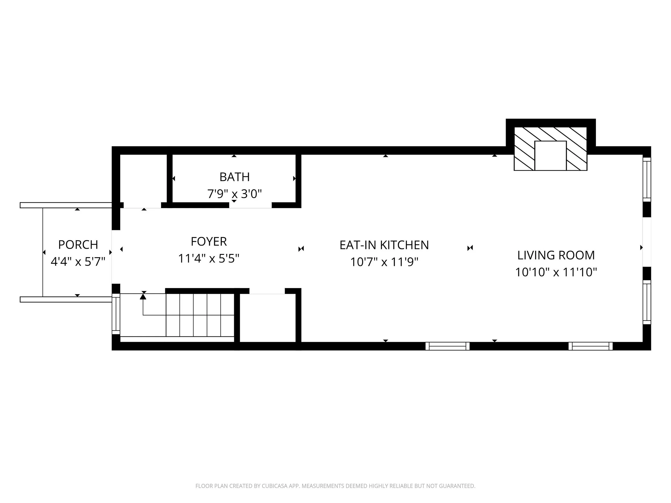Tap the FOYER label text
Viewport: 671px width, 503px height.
pos(209,242)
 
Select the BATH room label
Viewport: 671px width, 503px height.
pos(235,177)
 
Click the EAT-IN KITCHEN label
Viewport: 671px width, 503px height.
pos(384,245)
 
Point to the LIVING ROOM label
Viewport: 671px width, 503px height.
pos(556,255)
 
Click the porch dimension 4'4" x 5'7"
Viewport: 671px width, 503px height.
pos(78,261)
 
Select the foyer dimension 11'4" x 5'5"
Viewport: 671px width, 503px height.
pos(209,258)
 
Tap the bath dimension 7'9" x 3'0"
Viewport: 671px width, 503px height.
pos(235,193)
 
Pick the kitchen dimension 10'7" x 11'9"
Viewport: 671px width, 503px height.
pos(384,262)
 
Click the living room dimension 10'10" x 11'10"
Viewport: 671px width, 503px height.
pos(556,272)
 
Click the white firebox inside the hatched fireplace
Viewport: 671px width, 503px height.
pos(550,156)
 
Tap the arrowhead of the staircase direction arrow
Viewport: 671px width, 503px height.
pos(143,296)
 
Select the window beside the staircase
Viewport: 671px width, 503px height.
pos(116,314)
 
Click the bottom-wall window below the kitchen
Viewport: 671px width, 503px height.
pos(447,346)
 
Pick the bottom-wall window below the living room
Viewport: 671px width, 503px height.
pos(590,346)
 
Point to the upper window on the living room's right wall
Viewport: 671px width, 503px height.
pos(647,179)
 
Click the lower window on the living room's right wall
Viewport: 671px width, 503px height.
pos(647,302)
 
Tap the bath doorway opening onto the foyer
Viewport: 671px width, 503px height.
pos(250,205)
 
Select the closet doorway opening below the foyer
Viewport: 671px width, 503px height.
pos(267,291)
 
